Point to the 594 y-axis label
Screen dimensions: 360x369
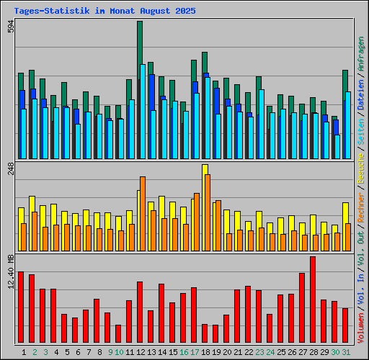[10, 27]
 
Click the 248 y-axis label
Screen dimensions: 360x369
[10, 169]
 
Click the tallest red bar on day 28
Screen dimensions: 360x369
[313, 300]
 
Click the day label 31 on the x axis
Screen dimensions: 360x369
[346, 352]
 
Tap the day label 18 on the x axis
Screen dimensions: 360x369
[205, 352]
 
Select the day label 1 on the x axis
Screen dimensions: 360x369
[24, 352]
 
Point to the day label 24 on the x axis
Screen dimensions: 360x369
[270, 352]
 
